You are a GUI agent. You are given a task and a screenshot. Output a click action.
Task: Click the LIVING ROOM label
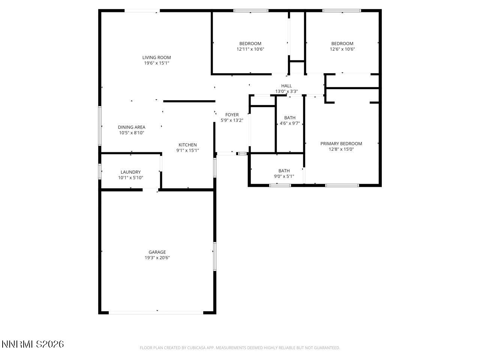(x=156, y=57)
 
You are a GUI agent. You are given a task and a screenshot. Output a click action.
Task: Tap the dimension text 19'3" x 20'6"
(x=157, y=258)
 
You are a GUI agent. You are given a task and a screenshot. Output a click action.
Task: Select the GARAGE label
(x=157, y=252)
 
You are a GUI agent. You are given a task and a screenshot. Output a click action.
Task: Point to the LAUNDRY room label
(x=130, y=172)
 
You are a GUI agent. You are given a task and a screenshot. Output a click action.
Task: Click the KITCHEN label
(x=187, y=145)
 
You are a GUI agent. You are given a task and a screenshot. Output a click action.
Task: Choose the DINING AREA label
(x=131, y=127)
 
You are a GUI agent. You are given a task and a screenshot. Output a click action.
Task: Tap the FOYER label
(x=232, y=115)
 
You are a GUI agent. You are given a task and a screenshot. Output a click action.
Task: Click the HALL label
(x=286, y=86)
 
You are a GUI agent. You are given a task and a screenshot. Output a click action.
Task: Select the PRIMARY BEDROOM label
(x=341, y=144)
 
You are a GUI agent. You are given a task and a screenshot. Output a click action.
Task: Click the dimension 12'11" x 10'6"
(x=250, y=49)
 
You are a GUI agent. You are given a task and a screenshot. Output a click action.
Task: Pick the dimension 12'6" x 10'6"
(x=342, y=49)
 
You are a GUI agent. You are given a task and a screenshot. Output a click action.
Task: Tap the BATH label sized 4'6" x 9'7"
(x=289, y=118)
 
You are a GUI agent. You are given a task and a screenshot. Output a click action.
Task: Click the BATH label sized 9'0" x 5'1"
(x=284, y=171)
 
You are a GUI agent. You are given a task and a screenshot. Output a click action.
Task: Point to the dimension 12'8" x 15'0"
(x=341, y=149)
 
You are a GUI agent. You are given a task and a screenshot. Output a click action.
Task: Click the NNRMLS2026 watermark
(x=33, y=344)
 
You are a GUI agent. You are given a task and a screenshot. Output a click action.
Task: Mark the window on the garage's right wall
(x=215, y=256)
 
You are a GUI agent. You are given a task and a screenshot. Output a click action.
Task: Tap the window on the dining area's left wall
(x=100, y=126)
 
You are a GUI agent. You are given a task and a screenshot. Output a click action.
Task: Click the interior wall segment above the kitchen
(x=189, y=101)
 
